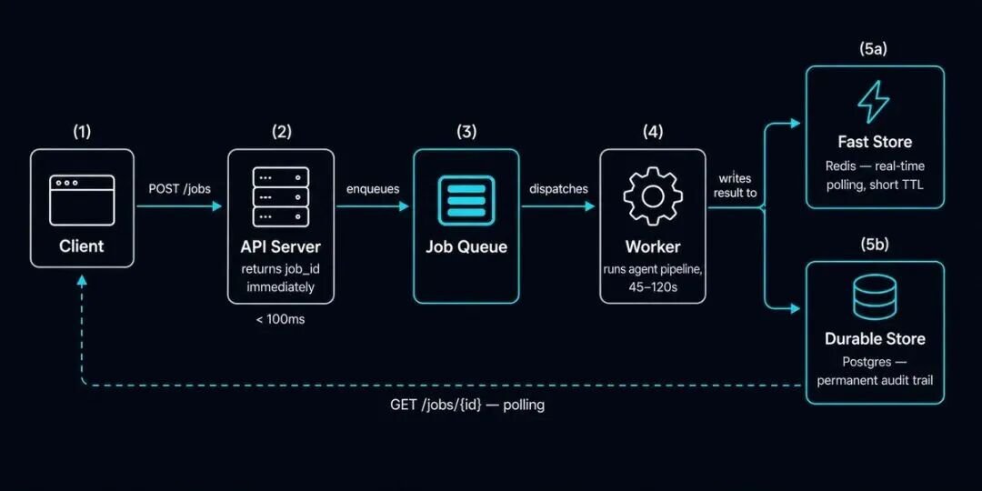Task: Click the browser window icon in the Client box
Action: tap(82, 200)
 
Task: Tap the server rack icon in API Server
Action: tap(281, 196)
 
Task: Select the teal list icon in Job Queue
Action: tap(466, 200)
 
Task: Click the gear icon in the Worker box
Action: tap(653, 196)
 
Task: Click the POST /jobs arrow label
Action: tap(180, 189)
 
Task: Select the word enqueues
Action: tap(373, 189)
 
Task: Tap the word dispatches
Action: tap(558, 189)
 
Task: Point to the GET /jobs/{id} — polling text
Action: tap(467, 406)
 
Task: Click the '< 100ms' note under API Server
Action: tap(280, 321)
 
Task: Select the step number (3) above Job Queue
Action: tap(466, 132)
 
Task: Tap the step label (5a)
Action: tap(875, 50)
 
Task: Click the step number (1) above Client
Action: tap(82, 132)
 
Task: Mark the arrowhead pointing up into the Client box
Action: tap(82, 281)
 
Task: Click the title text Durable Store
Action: tap(875, 339)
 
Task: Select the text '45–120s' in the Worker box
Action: tap(653, 286)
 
